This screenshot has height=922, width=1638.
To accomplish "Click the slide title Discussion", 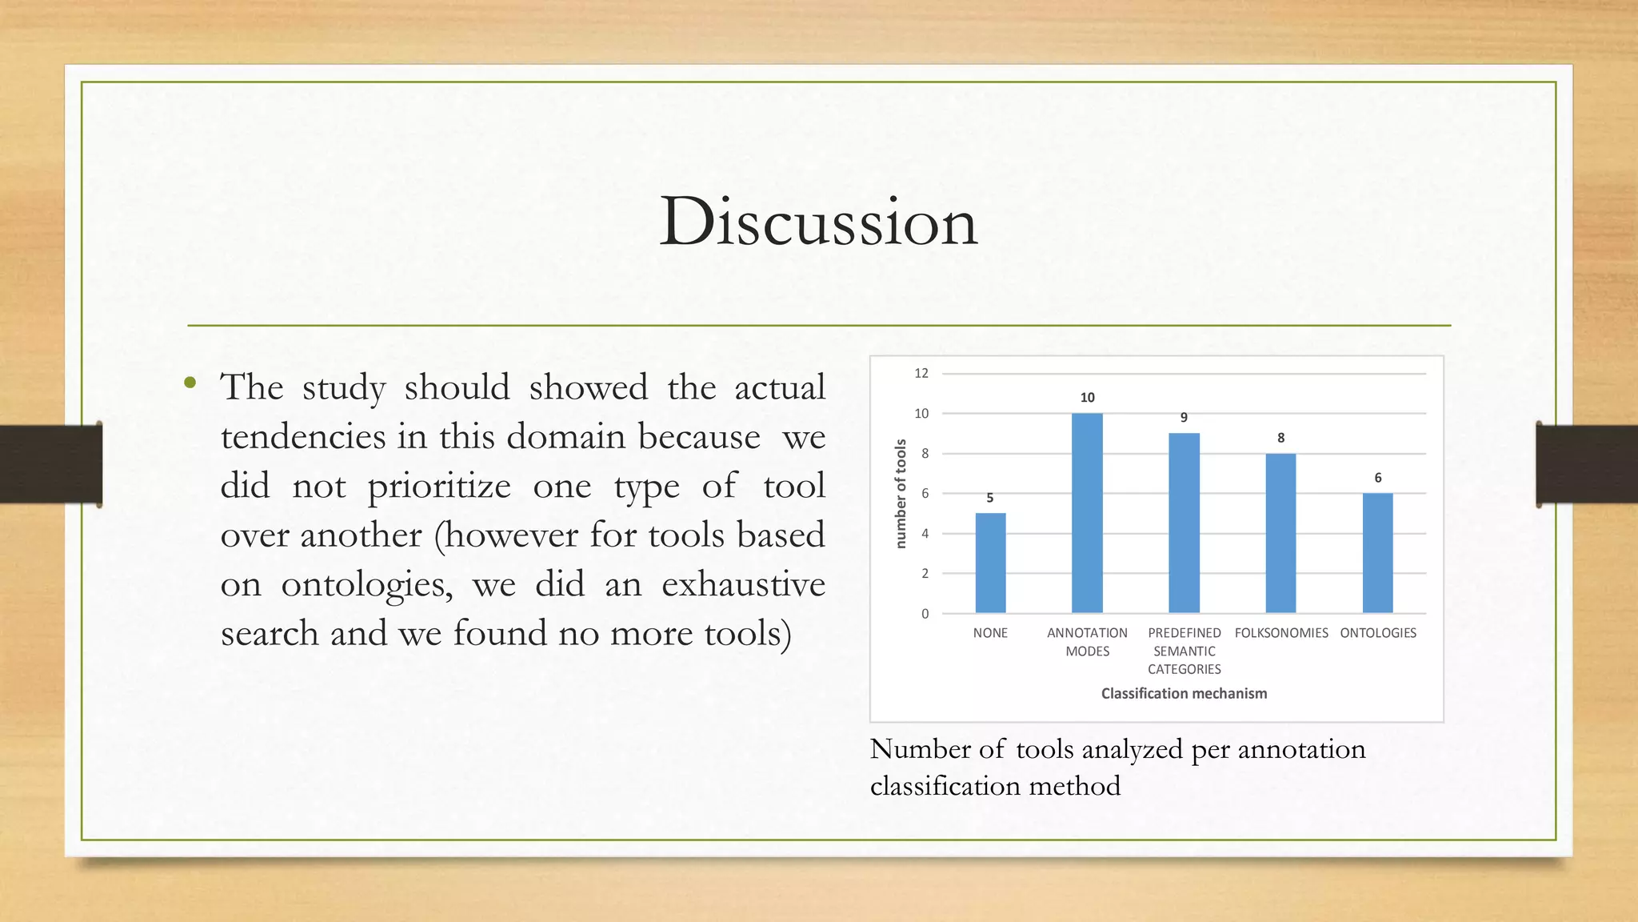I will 818,222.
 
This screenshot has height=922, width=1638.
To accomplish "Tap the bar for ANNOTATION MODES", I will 1087,513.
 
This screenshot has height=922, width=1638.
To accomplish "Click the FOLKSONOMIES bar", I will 1280,533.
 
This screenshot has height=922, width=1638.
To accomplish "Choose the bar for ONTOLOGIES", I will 1377,553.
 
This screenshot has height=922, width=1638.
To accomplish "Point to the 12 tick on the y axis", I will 921,373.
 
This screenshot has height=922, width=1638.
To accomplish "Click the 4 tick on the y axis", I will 925,534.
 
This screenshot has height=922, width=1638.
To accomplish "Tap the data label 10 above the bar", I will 1087,398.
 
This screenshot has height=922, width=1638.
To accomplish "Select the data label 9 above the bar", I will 1184,418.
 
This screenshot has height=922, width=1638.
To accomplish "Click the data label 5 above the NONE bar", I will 989,498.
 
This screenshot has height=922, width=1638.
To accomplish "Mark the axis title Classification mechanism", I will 1184,694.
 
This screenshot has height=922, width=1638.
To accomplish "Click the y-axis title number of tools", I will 901,493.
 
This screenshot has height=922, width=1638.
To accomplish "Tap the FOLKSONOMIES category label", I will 1280,633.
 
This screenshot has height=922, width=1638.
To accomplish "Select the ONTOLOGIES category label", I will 1378,633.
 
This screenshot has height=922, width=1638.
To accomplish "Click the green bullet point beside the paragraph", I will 190,383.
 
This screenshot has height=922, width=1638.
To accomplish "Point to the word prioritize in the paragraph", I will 439,487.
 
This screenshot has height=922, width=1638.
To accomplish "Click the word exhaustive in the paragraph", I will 743,585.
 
